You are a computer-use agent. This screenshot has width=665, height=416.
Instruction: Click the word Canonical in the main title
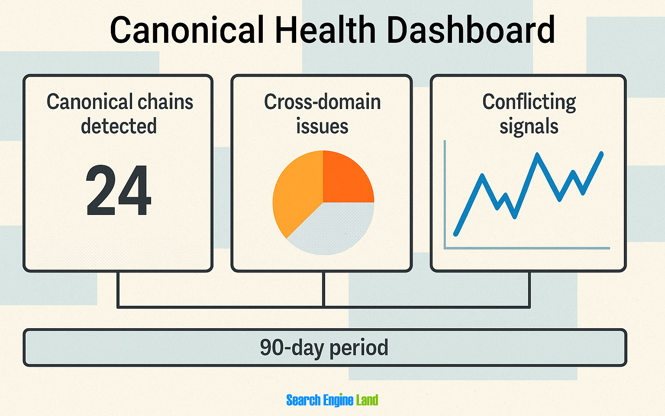[x=187, y=30]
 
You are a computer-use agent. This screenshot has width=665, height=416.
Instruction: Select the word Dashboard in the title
[x=471, y=30]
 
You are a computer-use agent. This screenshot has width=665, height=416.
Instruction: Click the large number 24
[x=119, y=191]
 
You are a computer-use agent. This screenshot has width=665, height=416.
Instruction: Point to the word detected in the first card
[x=119, y=126]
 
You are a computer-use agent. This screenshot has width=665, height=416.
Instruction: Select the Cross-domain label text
[x=322, y=102]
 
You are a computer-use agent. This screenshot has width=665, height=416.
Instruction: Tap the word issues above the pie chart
[x=322, y=127]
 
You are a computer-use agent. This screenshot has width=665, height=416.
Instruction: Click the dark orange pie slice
[x=345, y=179]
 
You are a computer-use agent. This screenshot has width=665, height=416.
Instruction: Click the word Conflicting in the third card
[x=529, y=102]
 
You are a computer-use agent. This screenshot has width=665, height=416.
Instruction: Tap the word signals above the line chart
[x=529, y=127]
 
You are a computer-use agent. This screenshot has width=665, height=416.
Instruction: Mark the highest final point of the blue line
[x=601, y=153]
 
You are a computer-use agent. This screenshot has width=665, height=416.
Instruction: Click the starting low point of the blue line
[x=456, y=234]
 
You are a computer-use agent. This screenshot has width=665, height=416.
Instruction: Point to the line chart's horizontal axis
[x=528, y=248]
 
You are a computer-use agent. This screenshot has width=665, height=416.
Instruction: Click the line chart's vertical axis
[x=445, y=195]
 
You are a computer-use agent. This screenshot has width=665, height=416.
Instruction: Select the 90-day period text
[x=324, y=348]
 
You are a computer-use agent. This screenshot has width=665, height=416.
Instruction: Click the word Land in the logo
[x=367, y=400]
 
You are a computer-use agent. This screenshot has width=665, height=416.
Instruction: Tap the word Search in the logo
[x=303, y=400]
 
